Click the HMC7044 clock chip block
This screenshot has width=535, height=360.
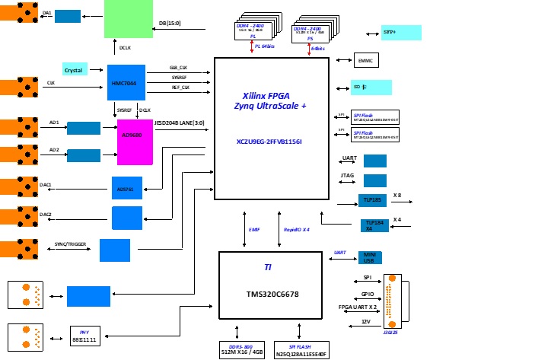[x=126, y=81]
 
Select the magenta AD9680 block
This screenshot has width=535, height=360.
[x=135, y=141]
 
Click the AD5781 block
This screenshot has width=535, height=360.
[x=126, y=189]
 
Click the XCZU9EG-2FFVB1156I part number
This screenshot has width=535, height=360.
[x=269, y=142]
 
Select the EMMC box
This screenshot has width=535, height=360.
[x=366, y=60]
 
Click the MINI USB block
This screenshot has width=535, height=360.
[x=370, y=258]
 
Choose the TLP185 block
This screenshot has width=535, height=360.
[x=373, y=200]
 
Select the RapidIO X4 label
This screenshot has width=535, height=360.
[x=296, y=229]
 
